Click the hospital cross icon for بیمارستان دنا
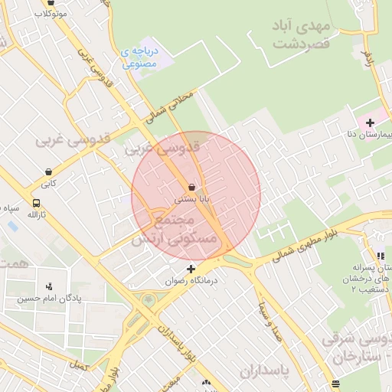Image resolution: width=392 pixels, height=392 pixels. (370, 122)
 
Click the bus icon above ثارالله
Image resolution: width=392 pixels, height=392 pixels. (36, 204)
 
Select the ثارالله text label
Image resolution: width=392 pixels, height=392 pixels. (37, 216)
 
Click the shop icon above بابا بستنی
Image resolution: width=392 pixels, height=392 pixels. (191, 186)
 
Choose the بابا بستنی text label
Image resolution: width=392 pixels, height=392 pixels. (191, 198)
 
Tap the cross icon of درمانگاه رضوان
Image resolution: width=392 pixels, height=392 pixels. (191, 269)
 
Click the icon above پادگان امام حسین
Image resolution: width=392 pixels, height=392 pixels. (50, 286)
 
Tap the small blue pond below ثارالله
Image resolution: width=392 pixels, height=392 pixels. (11, 227)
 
